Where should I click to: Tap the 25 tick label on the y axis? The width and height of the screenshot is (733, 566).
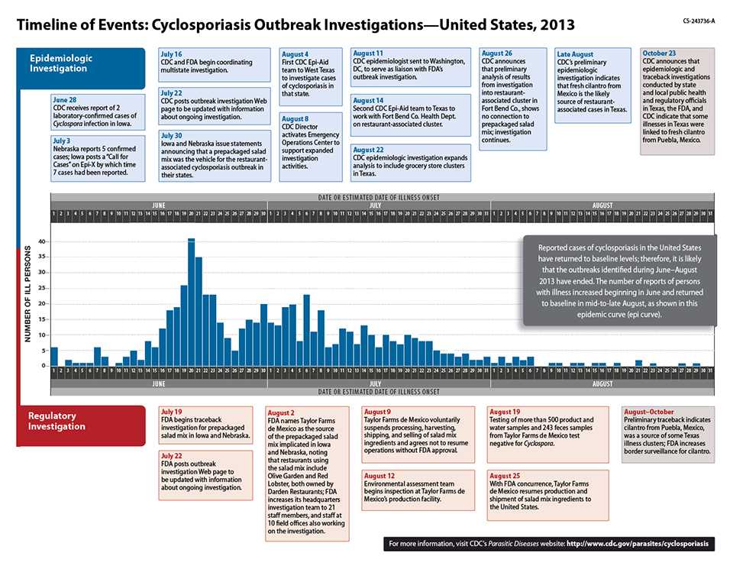click(42, 289)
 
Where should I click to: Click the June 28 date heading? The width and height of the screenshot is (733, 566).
click(65, 100)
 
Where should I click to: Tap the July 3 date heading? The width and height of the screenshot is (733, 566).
click(62, 141)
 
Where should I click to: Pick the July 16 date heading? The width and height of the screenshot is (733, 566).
click(171, 55)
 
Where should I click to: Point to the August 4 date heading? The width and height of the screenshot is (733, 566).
click(295, 55)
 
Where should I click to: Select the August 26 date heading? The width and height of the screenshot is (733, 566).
click(498, 53)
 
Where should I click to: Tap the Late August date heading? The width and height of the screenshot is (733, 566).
click(575, 55)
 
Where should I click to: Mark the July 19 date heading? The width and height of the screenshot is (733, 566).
click(172, 412)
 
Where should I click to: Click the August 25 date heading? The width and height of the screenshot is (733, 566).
click(505, 475)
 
